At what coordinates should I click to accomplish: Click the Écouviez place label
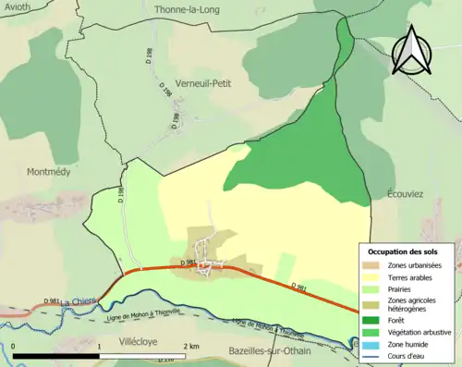pyautogui.click(x=399, y=195)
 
